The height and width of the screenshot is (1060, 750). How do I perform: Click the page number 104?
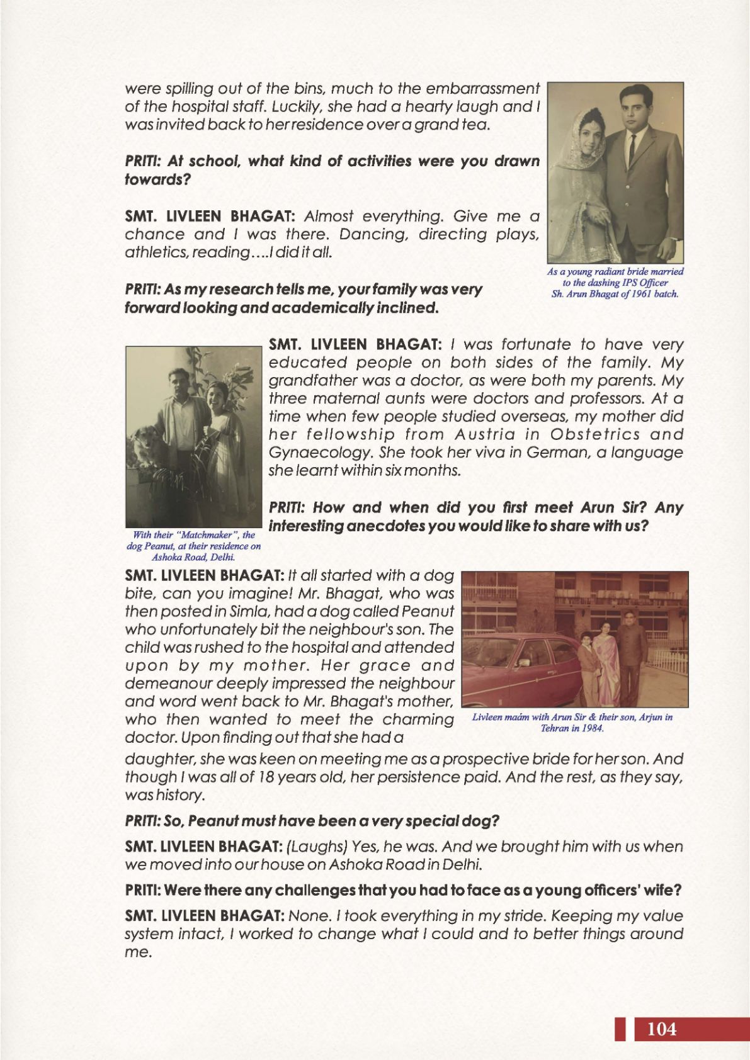pos(661,1029)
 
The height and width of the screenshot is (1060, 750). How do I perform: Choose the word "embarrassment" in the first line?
pos(483,88)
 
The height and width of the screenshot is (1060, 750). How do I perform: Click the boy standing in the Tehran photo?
pos(588,667)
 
